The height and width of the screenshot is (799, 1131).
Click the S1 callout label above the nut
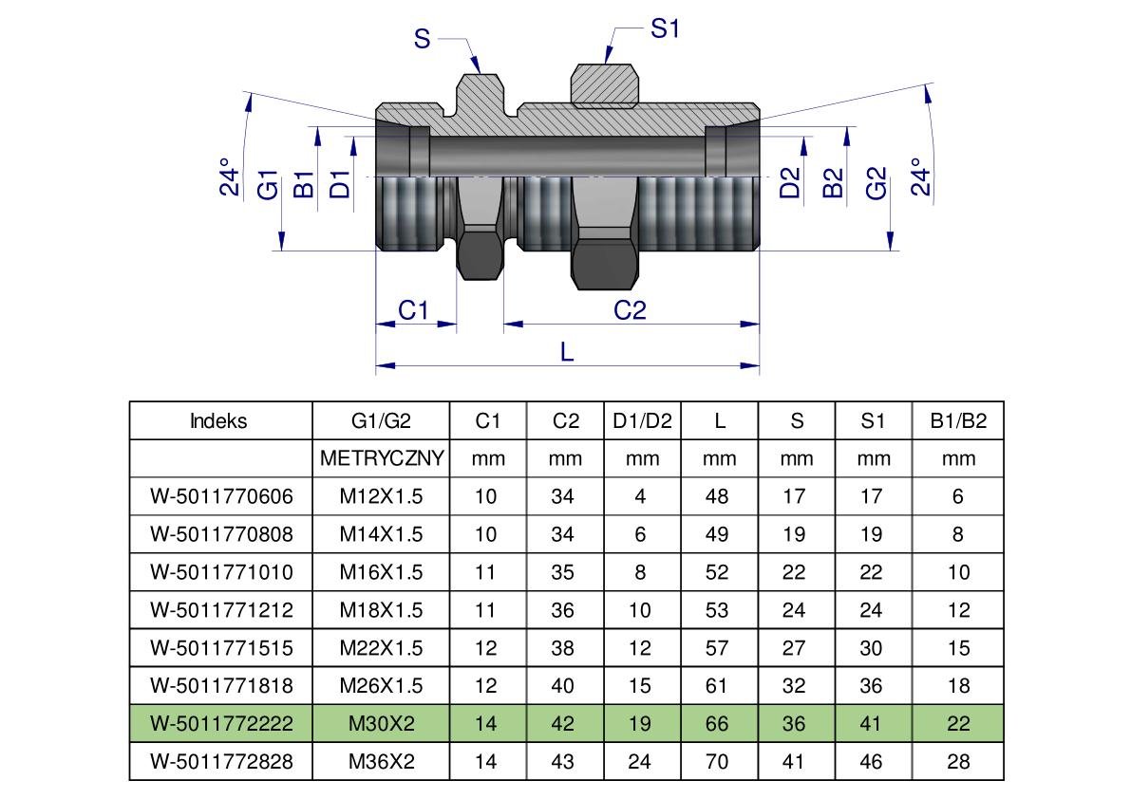[665, 28]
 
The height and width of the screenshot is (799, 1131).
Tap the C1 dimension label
[413, 310]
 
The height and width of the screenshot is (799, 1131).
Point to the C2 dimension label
[630, 310]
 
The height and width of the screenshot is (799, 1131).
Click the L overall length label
[567, 352]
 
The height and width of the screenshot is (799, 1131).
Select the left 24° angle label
[230, 177]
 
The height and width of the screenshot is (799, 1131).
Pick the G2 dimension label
[877, 183]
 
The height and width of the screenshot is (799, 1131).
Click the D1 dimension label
[340, 184]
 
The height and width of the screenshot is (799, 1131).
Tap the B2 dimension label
[833, 183]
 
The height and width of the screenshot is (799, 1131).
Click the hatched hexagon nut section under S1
[605, 85]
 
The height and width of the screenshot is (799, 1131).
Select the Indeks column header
[218, 420]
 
